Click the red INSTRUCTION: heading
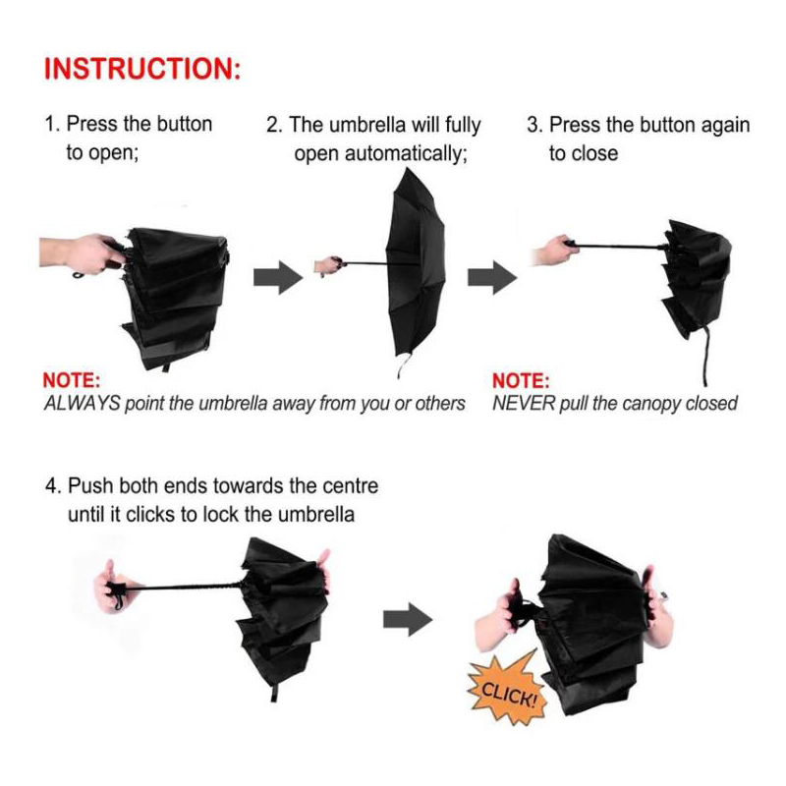pos(142,69)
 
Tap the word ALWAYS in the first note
pos(82,404)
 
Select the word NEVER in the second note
pos(524,404)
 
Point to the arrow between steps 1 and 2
pos(278,277)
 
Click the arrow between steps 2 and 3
pos(492,277)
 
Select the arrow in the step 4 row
pos(408,620)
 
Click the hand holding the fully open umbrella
pos(328,265)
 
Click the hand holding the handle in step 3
pos(554,250)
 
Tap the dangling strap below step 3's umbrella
pos(705,356)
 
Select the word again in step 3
pos(725,126)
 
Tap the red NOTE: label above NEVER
pos(522,381)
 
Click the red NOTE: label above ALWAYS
pos(72,380)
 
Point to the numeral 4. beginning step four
pos(53,486)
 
